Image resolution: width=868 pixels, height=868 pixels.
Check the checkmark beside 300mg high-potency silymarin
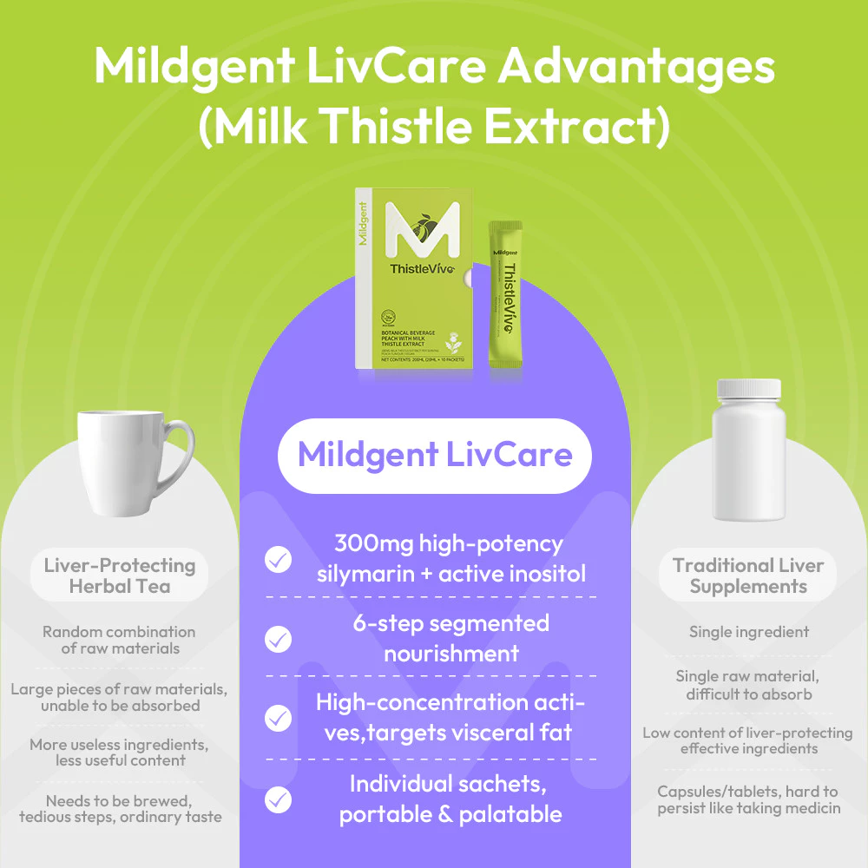click(278, 559)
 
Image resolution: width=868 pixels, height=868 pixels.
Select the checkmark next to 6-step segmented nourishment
click(278, 639)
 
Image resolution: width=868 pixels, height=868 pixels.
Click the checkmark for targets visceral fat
click(278, 718)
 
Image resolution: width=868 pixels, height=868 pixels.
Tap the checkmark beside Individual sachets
click(278, 799)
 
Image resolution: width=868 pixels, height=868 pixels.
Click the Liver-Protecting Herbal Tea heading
click(120, 575)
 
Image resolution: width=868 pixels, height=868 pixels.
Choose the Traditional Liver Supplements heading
click(748, 575)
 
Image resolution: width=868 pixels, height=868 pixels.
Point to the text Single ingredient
click(748, 632)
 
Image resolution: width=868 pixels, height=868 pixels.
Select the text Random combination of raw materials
click(120, 640)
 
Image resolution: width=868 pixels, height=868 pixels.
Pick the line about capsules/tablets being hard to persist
click(748, 799)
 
